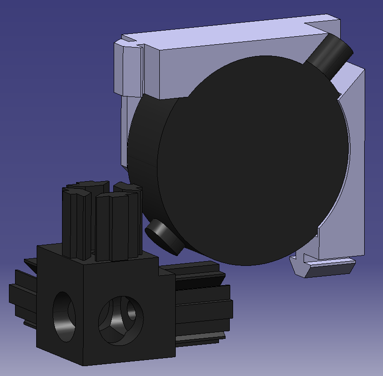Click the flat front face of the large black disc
coord(254,165)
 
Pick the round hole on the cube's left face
coord(65,316)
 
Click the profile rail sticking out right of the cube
coord(202,301)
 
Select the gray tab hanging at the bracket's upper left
coord(127,71)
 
